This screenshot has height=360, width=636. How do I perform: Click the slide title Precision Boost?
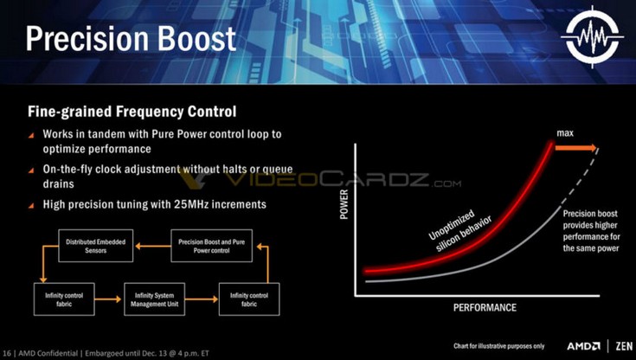[x=131, y=39]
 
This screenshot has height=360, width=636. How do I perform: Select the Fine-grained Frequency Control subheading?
[x=132, y=112]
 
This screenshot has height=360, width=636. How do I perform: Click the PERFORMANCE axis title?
[x=485, y=307]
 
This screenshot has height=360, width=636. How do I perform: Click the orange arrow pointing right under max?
[x=576, y=148]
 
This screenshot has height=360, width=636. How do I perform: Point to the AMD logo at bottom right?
[x=584, y=346]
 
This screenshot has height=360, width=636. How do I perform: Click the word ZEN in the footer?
[x=625, y=346]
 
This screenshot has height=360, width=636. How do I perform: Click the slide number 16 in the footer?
[x=7, y=353]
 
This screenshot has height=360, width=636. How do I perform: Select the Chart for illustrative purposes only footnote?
[x=498, y=346]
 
